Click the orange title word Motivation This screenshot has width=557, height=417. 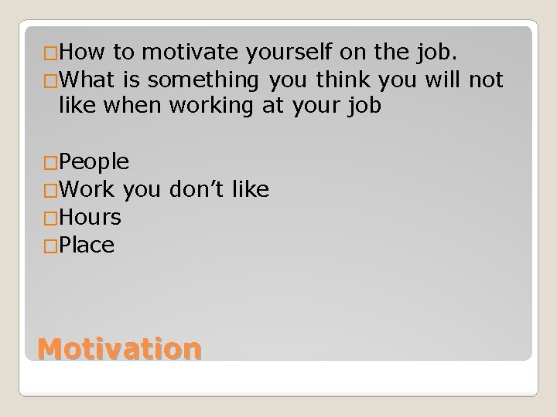(x=120, y=348)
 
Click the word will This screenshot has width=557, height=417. (x=444, y=80)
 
